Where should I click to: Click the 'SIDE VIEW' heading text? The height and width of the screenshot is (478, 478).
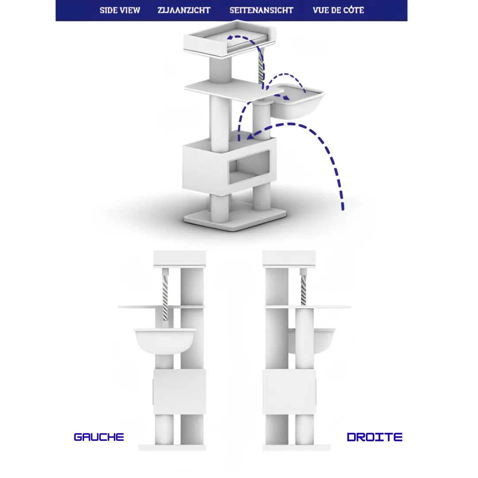120,10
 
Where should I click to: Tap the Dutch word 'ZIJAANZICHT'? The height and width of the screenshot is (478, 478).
184,10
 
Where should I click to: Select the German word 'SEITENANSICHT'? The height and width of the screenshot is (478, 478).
261,10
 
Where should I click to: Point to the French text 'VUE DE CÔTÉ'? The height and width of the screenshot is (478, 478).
339,10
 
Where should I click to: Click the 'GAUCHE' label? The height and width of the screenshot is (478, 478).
99,437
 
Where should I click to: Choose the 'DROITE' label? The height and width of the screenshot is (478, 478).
375,437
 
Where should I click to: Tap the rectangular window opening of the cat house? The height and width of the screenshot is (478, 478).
249,167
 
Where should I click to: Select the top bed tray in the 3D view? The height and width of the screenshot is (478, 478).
230,39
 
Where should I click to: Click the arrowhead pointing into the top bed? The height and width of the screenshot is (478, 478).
231,38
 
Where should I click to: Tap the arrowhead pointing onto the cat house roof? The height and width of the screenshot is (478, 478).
251,136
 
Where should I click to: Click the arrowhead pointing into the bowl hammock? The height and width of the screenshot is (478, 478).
286,97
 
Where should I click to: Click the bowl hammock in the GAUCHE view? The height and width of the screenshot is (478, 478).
165,341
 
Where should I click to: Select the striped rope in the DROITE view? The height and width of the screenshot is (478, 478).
303,289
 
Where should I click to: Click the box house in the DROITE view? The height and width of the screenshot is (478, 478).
289,392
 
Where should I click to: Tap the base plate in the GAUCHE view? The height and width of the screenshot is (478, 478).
172,447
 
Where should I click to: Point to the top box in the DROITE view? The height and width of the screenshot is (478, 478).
289,258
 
